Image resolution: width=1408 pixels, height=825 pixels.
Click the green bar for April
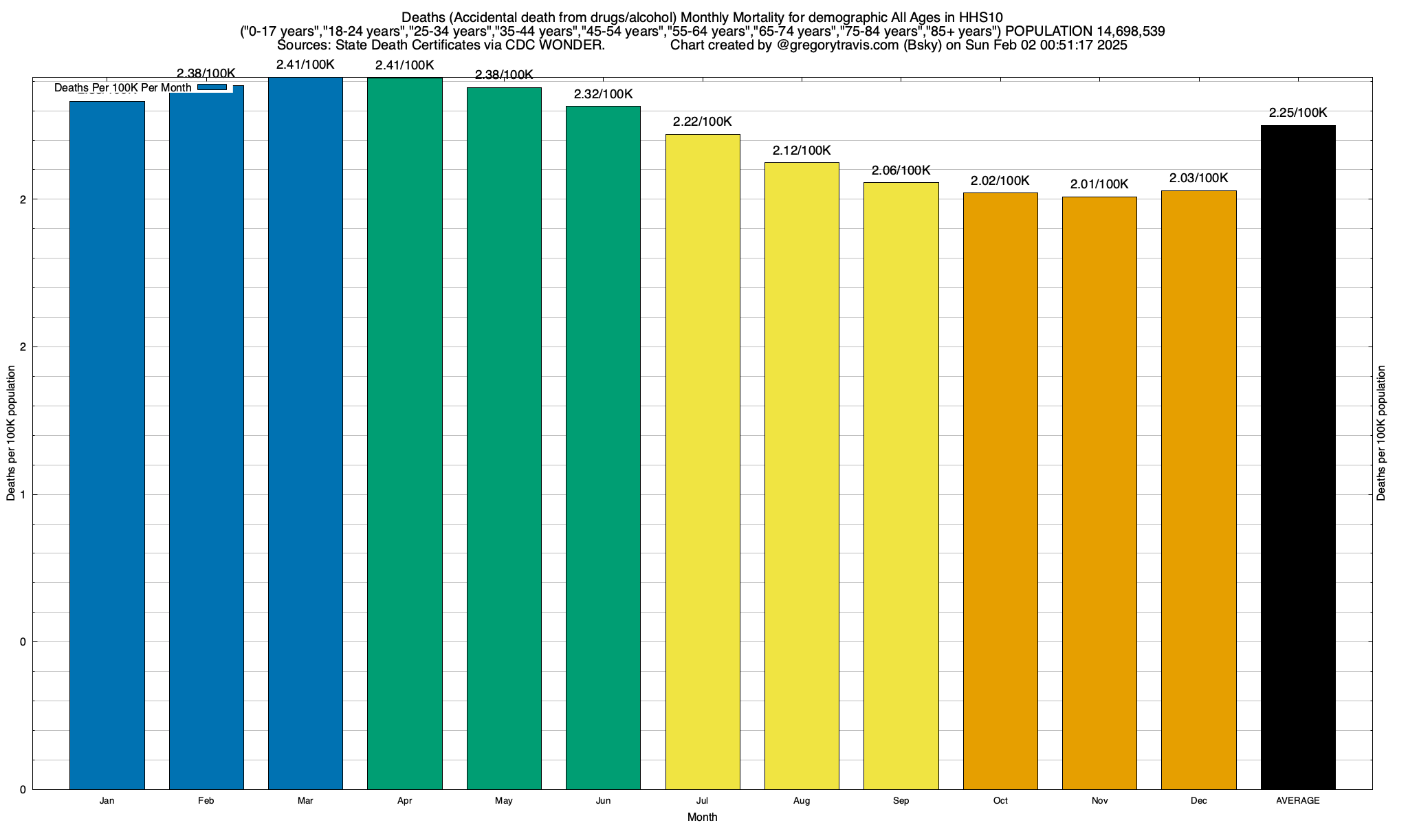[405, 433]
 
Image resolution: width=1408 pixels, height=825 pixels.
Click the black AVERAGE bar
[1298, 457]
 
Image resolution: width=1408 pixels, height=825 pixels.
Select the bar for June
[603, 448]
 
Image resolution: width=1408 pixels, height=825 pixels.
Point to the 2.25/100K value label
[1298, 113]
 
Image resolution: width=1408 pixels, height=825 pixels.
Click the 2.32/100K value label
[603, 95]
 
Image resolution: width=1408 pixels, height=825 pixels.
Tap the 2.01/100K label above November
[1099, 184]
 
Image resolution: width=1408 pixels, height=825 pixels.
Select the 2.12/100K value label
[802, 151]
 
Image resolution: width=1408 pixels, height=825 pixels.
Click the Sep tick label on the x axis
[901, 801]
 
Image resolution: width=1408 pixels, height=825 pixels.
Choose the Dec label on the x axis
[1198, 801]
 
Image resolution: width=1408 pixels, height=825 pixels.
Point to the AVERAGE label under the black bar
[1298, 801]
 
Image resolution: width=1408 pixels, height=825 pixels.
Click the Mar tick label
[305, 801]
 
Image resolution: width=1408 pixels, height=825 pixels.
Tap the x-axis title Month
[702, 817]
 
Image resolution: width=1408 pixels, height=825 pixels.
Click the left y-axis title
[11, 433]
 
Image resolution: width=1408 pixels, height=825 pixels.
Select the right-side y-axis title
[1381, 433]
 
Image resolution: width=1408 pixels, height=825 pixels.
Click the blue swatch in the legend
[212, 87]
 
